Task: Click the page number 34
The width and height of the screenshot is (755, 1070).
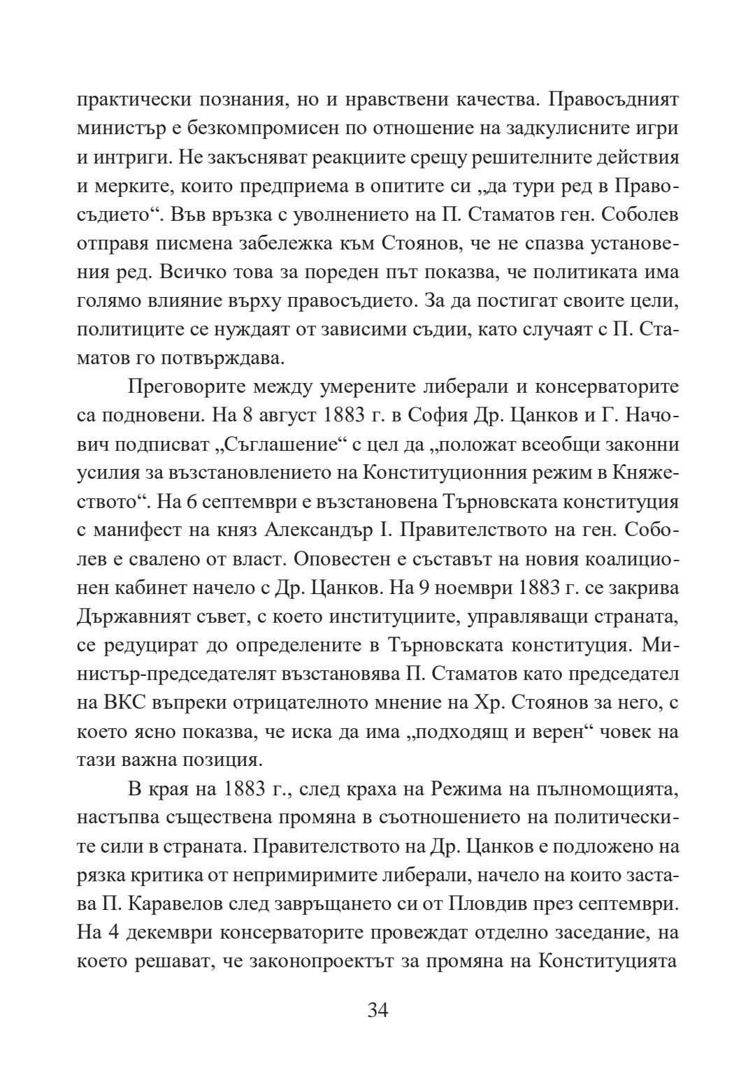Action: pyautogui.click(x=377, y=1010)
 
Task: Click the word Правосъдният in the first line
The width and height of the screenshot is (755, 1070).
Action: pyautogui.click(x=613, y=100)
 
